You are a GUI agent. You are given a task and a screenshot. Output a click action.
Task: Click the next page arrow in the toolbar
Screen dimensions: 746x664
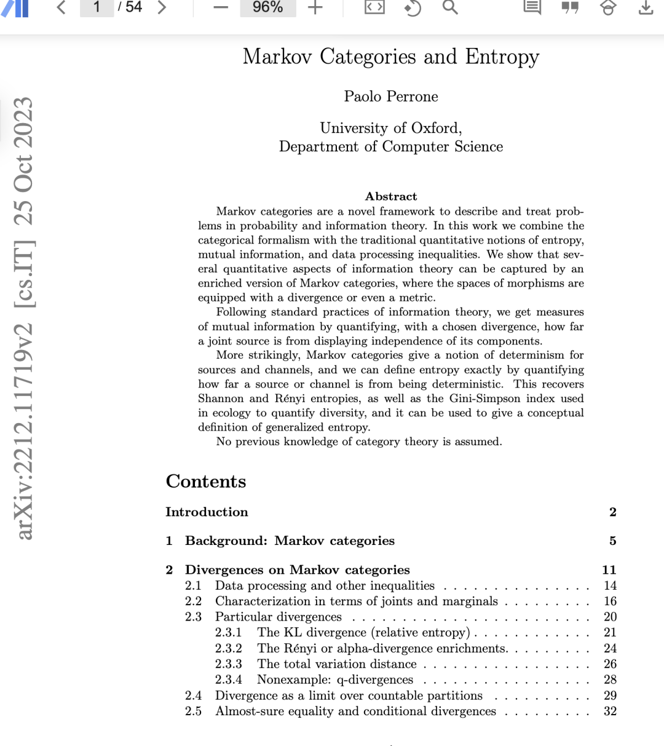[162, 7]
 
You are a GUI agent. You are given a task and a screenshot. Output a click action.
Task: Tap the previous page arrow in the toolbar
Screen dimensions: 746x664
[61, 7]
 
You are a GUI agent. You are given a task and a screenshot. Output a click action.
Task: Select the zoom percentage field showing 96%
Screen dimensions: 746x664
[267, 7]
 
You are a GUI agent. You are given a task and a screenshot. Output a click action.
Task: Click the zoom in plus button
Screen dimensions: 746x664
[315, 7]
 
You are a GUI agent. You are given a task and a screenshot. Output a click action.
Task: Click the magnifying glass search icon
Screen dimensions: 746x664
[450, 7]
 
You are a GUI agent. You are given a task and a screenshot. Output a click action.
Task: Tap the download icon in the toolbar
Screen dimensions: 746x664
[646, 7]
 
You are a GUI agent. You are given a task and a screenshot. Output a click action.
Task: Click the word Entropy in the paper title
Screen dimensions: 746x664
[502, 57]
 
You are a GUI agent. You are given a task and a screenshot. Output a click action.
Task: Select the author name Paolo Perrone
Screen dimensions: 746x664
[391, 97]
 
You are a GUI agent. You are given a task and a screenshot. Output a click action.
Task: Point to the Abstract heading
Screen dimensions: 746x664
[391, 196]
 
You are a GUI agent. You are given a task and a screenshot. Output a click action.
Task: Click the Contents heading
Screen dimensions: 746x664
[206, 481]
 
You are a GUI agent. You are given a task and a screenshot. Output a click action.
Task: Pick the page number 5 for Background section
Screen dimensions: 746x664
[612, 541]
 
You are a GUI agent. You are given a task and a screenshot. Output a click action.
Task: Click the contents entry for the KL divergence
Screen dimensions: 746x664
[363, 632]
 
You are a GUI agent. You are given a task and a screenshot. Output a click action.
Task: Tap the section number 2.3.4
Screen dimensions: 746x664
[228, 680]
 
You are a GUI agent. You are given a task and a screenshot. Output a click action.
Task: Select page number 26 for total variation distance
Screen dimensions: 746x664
[610, 664]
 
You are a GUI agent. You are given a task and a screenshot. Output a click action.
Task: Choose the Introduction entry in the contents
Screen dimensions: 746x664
[207, 512]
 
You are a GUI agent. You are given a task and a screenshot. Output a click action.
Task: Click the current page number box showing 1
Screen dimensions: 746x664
[97, 7]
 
